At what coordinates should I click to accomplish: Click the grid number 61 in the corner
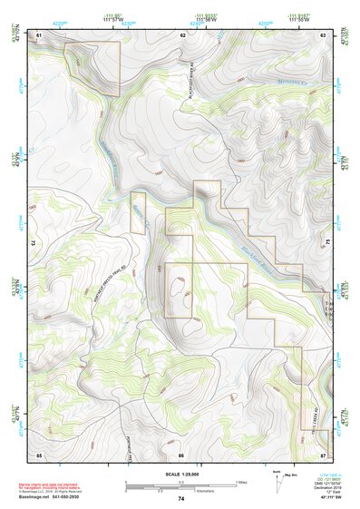(x=38, y=34)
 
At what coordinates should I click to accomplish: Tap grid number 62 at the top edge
(x=182, y=34)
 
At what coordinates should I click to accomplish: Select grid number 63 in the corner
(x=323, y=34)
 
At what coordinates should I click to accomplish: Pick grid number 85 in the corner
(x=38, y=454)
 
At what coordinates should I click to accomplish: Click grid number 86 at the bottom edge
(x=181, y=454)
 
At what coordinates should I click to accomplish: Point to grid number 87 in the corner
(x=323, y=454)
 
